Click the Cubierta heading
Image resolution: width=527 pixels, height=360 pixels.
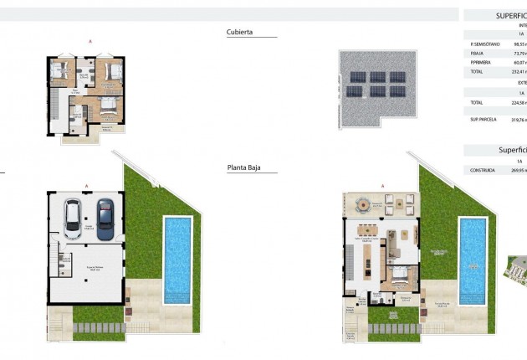point(239,33)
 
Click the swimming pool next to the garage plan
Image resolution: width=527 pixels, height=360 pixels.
point(177,257)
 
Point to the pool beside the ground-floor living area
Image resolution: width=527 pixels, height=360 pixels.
point(473,260)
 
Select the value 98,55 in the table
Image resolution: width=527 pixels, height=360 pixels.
point(519,44)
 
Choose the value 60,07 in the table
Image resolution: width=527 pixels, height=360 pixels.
point(519,62)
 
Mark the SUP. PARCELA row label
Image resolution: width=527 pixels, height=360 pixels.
point(484,120)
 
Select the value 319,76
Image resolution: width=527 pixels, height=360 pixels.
point(519,120)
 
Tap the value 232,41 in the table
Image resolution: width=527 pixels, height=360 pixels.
point(519,72)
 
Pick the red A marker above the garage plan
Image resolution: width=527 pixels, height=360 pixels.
point(86,185)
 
